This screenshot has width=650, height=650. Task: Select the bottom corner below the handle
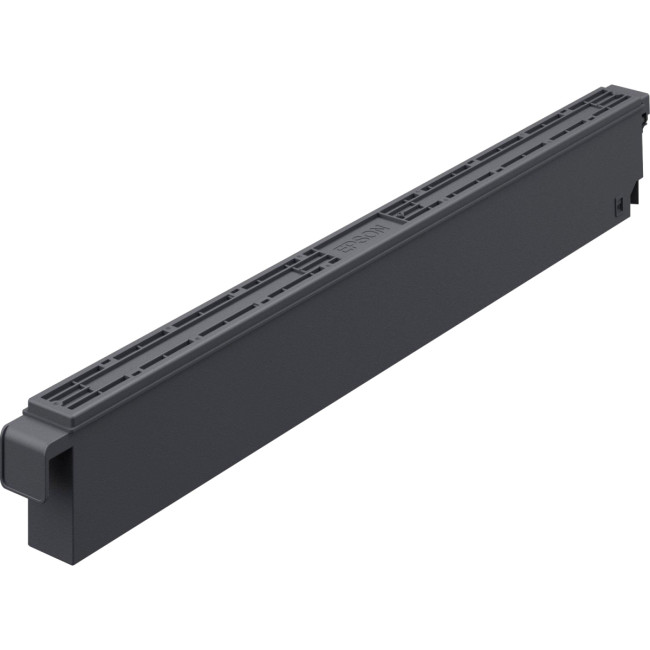point(73,560)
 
